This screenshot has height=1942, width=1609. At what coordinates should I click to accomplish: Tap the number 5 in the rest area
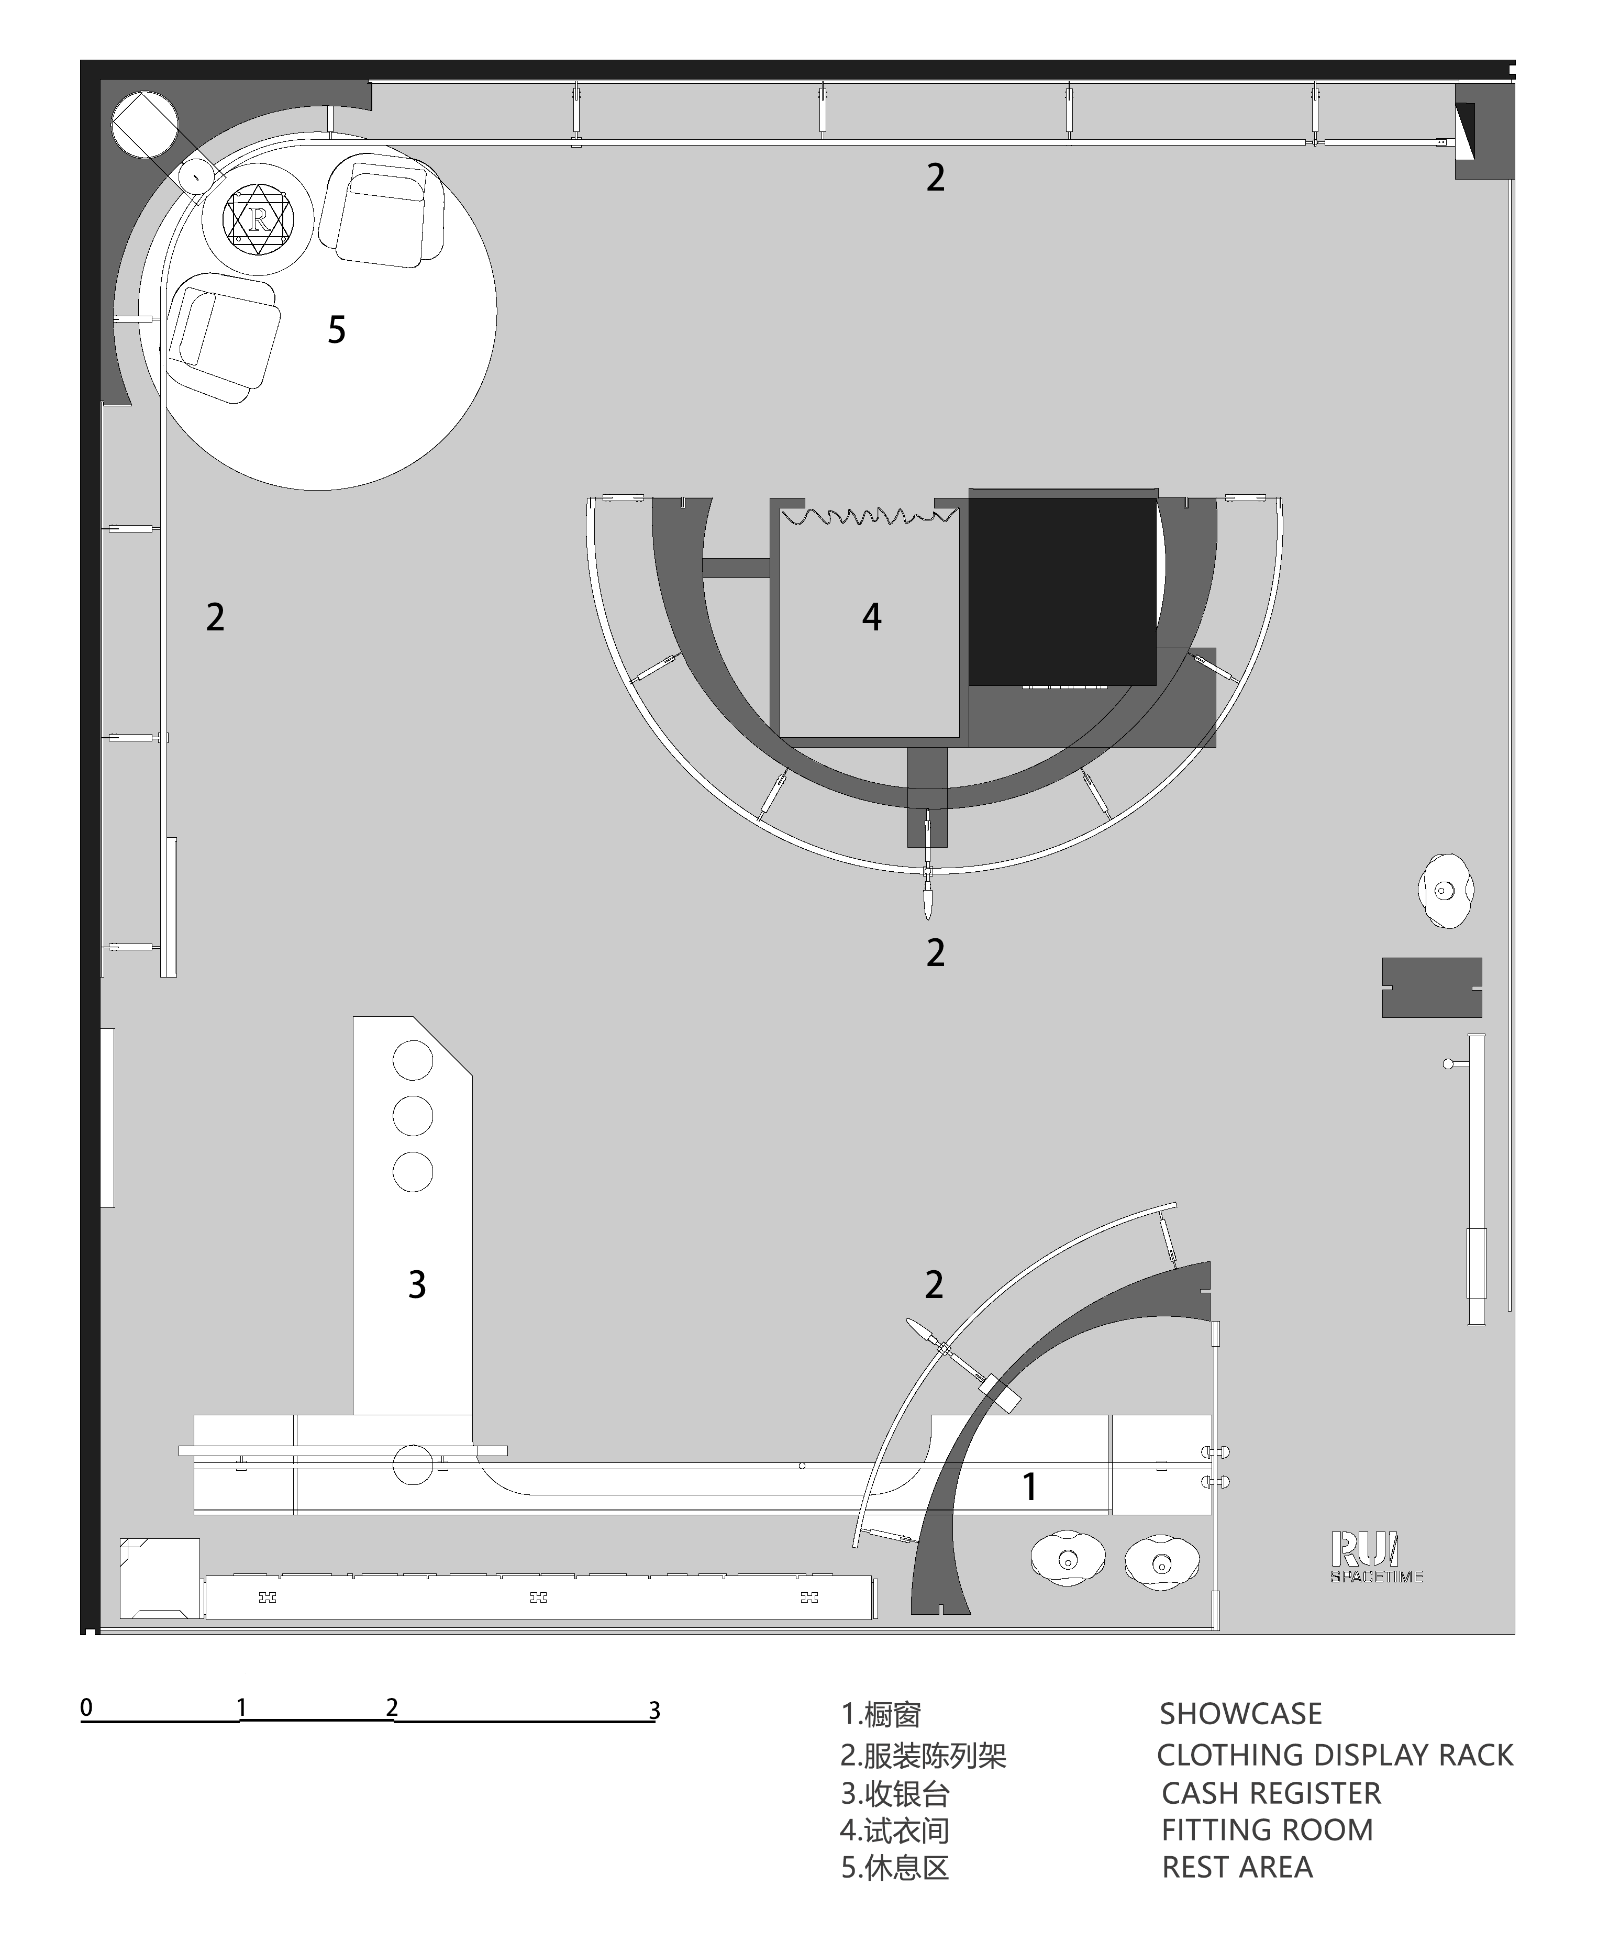point(337,330)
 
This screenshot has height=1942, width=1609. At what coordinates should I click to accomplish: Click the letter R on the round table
point(258,219)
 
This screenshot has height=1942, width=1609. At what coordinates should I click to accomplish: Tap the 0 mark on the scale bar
point(86,1707)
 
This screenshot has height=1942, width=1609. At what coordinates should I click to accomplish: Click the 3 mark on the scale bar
point(654,1711)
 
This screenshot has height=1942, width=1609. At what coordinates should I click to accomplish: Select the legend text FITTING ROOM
point(1267,1829)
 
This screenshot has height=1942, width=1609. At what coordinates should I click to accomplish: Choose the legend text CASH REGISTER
point(1271,1793)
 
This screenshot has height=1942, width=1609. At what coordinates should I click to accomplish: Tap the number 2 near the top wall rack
point(936,177)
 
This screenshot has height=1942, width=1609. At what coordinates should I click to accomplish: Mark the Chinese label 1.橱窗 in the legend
point(881,1715)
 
